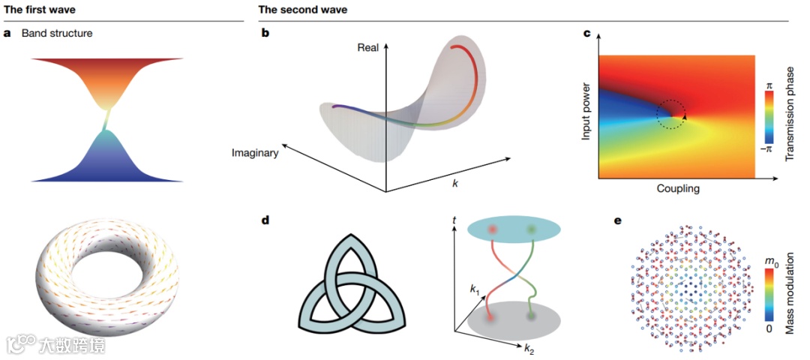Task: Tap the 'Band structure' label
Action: (57, 34)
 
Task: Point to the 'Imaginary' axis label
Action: (255, 153)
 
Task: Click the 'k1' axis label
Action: (474, 288)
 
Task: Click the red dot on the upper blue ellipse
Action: (493, 229)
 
